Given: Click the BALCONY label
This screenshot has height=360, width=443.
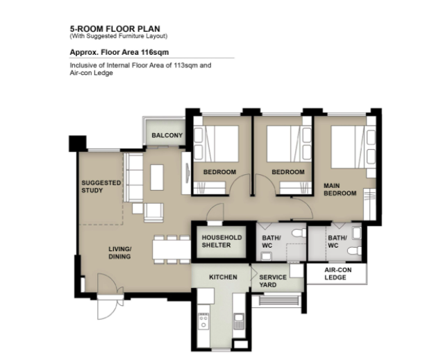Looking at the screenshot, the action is click(167, 135).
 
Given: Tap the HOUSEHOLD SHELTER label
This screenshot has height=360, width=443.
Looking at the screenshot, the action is click(221, 241).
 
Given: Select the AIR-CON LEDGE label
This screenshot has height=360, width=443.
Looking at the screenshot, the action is click(338, 274).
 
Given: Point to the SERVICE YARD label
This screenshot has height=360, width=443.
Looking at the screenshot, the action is click(273, 281).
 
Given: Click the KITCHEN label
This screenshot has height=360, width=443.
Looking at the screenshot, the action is click(223, 277).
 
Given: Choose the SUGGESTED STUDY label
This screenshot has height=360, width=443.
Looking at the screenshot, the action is click(101, 187).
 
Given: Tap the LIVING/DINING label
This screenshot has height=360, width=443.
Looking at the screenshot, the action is click(120, 252).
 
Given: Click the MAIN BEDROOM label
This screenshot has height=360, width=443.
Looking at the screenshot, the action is click(340, 189).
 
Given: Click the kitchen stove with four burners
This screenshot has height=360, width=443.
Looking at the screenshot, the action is click(203, 321).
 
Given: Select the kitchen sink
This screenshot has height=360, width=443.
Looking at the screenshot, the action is click(238, 321).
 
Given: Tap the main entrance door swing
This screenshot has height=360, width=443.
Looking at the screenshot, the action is click(107, 296).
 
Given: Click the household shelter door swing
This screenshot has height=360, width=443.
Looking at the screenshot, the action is click(215, 212).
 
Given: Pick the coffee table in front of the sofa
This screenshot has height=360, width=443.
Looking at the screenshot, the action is click(157, 178).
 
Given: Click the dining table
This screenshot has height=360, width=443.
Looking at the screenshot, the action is click(172, 250).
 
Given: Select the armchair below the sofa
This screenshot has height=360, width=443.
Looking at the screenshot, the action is click(153, 212).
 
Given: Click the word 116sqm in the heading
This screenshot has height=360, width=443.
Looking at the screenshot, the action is click(155, 53).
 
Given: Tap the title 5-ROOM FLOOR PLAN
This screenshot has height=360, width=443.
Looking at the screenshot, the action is click(115, 28).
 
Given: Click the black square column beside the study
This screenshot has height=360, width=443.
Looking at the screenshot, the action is click(77, 144).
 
